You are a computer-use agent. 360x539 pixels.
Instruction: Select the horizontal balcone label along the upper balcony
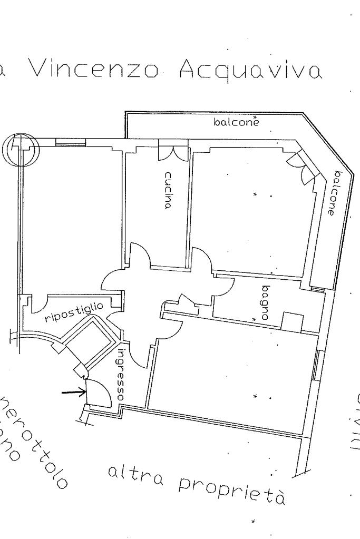[x=237, y=122]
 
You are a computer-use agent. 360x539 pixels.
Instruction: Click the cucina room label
[x=168, y=190]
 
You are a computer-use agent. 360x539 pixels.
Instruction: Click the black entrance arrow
[x=74, y=391]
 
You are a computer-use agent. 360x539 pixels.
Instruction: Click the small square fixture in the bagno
[x=292, y=321]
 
